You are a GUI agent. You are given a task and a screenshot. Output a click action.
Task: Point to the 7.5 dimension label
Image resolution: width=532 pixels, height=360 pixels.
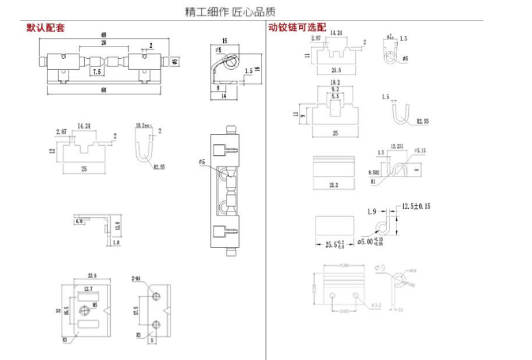click(x=97, y=71)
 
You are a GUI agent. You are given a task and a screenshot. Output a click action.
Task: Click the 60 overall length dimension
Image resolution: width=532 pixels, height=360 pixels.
click(x=103, y=90)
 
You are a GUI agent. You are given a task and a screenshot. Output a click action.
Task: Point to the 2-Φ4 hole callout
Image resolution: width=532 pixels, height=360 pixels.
click(x=136, y=279)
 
